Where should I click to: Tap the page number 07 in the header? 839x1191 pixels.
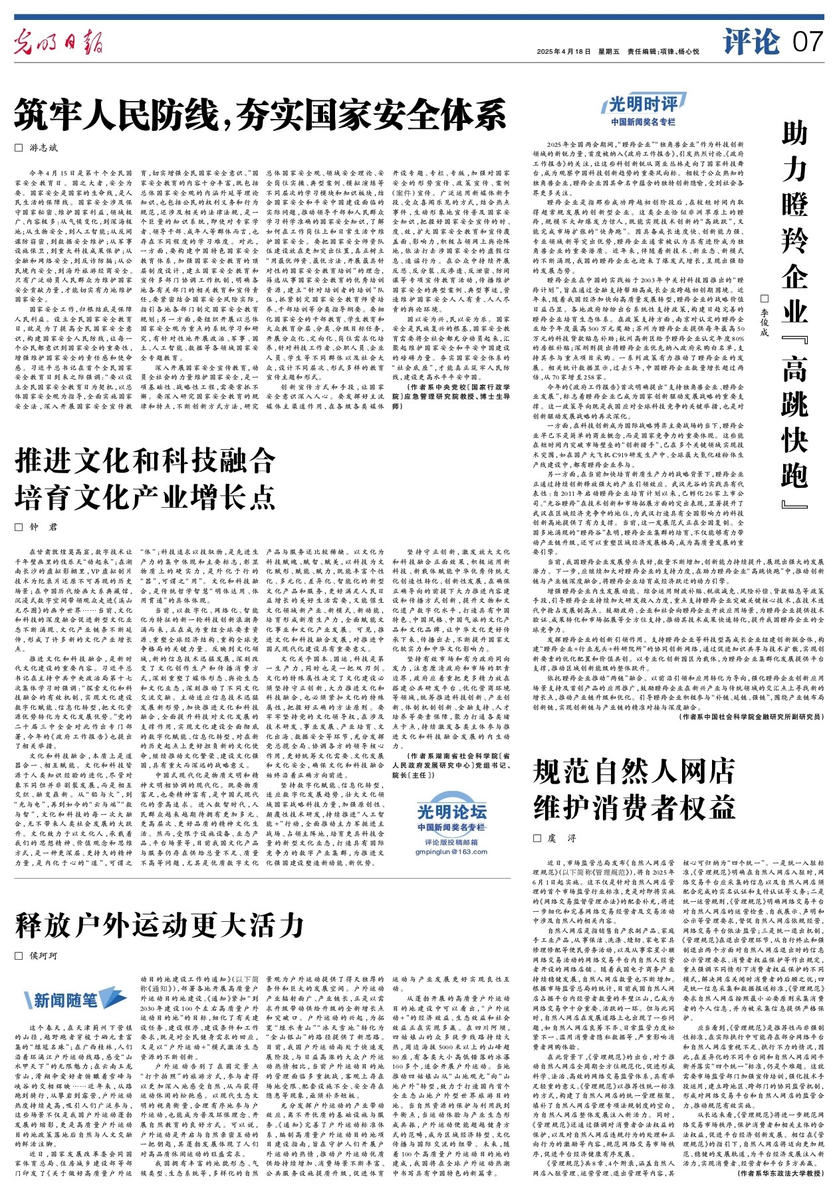(x=808, y=42)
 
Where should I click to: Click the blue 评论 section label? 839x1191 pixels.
(x=751, y=42)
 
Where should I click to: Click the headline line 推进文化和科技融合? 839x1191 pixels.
(x=145, y=460)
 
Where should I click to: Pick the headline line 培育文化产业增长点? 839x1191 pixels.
(x=145, y=496)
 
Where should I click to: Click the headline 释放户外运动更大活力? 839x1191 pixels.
(x=160, y=924)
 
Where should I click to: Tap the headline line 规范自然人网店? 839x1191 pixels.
(x=634, y=772)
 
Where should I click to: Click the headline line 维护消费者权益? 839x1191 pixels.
(x=634, y=808)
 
